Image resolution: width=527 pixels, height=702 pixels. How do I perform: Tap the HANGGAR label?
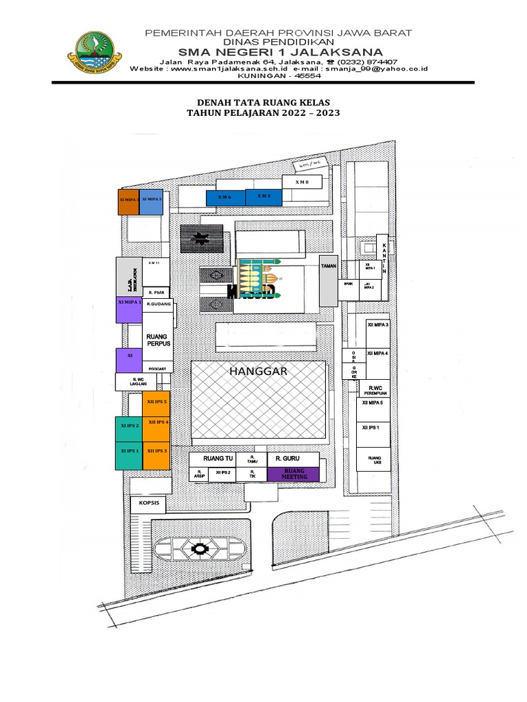coord(257,371)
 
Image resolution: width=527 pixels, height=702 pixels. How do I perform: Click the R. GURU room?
coord(288,458)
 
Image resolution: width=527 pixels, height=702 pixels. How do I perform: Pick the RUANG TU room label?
coord(219,457)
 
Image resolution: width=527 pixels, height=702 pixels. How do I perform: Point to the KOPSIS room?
coord(149,504)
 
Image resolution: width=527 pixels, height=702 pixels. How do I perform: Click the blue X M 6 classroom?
coord(225,197)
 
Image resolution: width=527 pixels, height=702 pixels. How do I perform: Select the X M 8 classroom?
coord(303,182)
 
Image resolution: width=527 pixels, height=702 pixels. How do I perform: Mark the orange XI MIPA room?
coord(129,202)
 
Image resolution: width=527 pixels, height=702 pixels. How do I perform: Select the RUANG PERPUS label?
coord(157,339)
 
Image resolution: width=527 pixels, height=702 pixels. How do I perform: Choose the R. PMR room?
coord(156,292)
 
